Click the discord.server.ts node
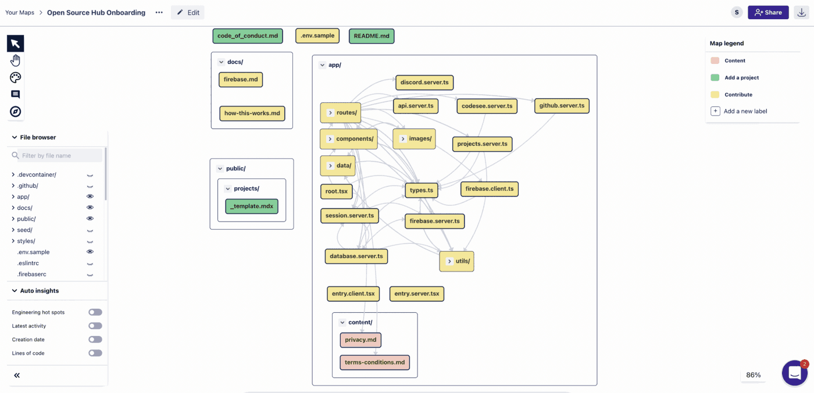(424, 83)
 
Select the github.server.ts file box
(562, 106)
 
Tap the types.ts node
(422, 190)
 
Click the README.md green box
(372, 36)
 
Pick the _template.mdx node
(252, 206)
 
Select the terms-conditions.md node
(374, 363)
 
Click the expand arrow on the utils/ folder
(449, 262)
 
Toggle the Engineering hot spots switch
(95, 312)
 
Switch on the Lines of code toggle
(95, 353)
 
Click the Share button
(768, 12)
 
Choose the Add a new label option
(745, 111)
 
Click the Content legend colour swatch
(715, 60)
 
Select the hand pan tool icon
(16, 60)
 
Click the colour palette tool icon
(16, 77)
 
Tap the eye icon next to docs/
(90, 208)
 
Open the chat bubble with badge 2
(794, 373)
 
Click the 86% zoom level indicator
(754, 375)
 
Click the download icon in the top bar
(802, 12)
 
